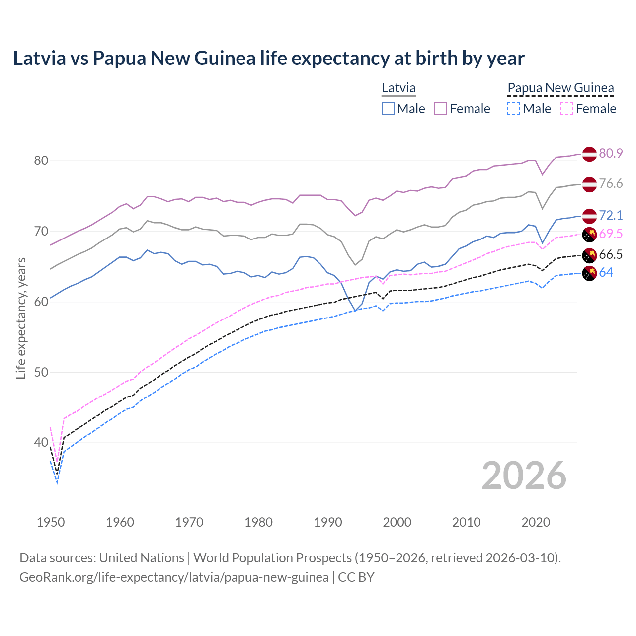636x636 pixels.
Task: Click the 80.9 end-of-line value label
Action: (x=611, y=154)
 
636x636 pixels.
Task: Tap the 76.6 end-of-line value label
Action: (x=611, y=184)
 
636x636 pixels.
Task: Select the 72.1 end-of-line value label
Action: (x=611, y=215)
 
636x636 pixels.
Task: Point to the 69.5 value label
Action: (x=611, y=234)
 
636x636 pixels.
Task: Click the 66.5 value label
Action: (x=611, y=255)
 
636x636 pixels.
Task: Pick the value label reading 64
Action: (x=606, y=273)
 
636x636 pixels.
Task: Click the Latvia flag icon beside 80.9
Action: (x=589, y=154)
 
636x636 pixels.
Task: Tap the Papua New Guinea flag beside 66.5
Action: (x=589, y=255)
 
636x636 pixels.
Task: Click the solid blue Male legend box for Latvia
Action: (x=388, y=109)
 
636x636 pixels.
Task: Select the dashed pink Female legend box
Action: (x=567, y=109)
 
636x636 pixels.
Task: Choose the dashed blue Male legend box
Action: (x=514, y=109)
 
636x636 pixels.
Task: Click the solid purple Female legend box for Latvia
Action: (x=441, y=109)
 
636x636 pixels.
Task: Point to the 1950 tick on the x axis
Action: (x=51, y=522)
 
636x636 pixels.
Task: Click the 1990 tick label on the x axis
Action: (x=328, y=522)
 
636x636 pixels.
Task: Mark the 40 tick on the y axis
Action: (x=41, y=443)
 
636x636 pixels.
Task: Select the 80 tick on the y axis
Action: (x=41, y=161)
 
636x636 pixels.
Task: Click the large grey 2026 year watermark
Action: (x=524, y=476)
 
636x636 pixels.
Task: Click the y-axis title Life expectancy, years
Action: (x=21, y=318)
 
